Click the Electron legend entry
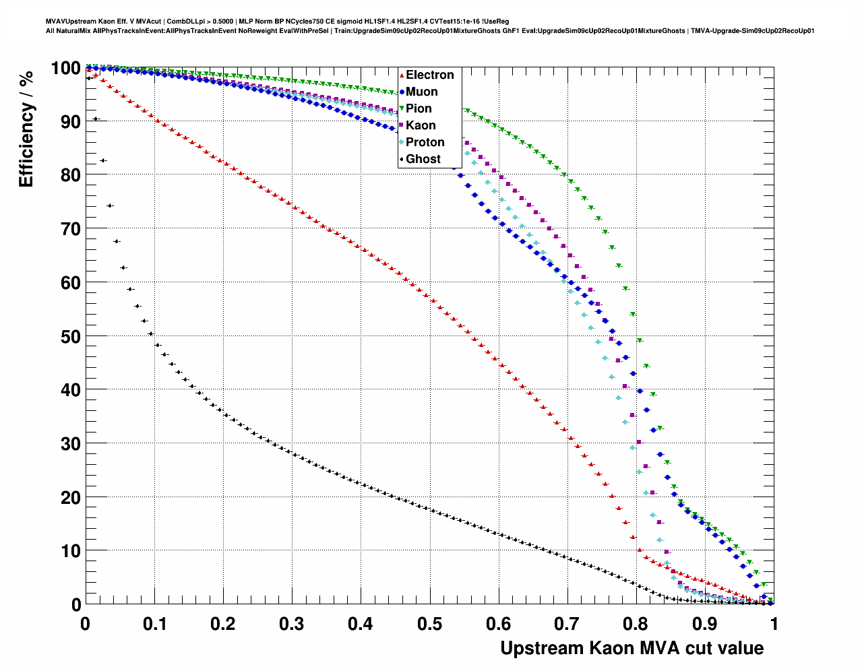pyautogui.click(x=429, y=75)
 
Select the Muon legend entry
pyautogui.click(x=421, y=92)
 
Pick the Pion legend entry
pyautogui.click(x=419, y=108)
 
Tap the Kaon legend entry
pyautogui.click(x=421, y=125)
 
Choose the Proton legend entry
pyautogui.click(x=425, y=142)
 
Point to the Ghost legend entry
pyautogui.click(x=423, y=159)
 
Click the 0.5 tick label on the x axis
pyautogui.click(x=429, y=624)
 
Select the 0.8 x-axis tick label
pyautogui.click(x=636, y=624)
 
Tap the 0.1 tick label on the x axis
pyautogui.click(x=154, y=624)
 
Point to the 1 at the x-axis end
pyautogui.click(x=774, y=624)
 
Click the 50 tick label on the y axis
pyautogui.click(x=71, y=336)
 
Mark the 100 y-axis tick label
pyautogui.click(x=65, y=68)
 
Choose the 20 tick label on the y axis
pyautogui.click(x=71, y=497)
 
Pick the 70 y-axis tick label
pyautogui.click(x=71, y=229)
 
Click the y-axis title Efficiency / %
pyautogui.click(x=26, y=127)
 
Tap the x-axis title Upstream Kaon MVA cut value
pyautogui.click(x=632, y=648)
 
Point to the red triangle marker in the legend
pyautogui.click(x=402, y=75)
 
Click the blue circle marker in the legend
pyautogui.click(x=402, y=92)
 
